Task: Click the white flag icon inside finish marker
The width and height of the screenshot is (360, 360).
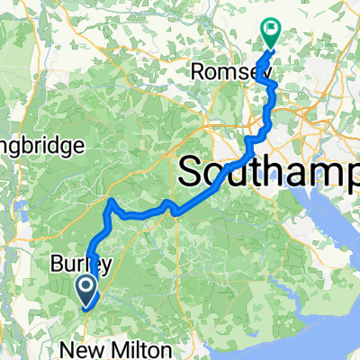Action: pyautogui.click(x=270, y=29)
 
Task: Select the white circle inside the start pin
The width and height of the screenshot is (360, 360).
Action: pyautogui.click(x=86, y=286)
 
